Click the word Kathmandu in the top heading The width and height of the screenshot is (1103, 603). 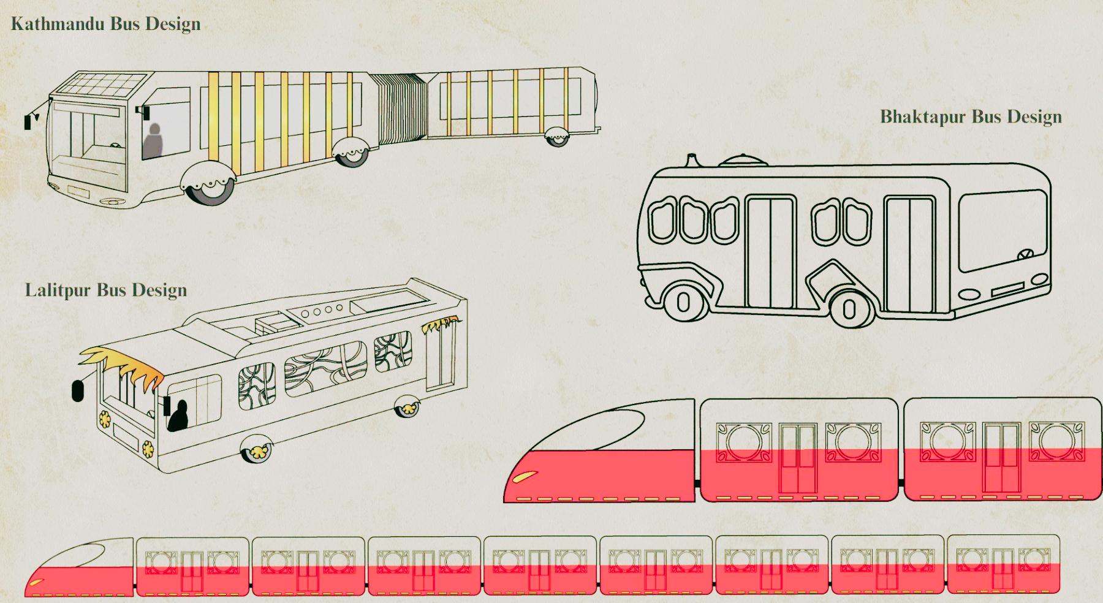58,25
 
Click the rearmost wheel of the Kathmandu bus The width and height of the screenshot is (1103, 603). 557,138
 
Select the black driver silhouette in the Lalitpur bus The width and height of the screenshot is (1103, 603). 178,417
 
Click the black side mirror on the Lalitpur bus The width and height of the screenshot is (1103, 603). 77,390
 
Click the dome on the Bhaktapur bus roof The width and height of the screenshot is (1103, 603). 742,161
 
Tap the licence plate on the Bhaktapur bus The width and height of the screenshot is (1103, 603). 1007,289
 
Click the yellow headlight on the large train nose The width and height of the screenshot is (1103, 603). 526,476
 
